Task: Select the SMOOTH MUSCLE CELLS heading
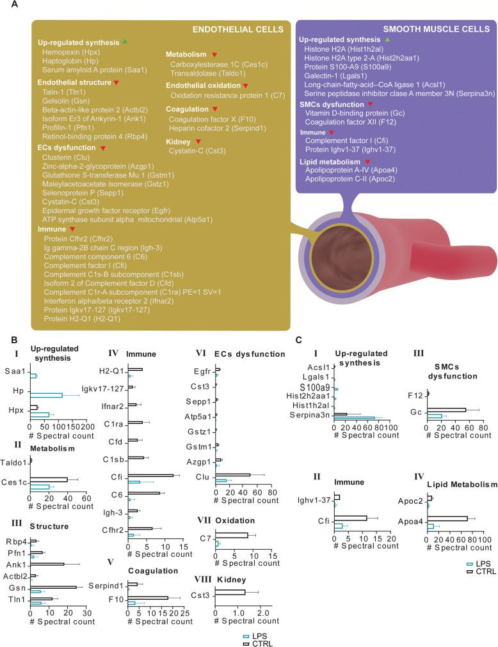tap(437, 29)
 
